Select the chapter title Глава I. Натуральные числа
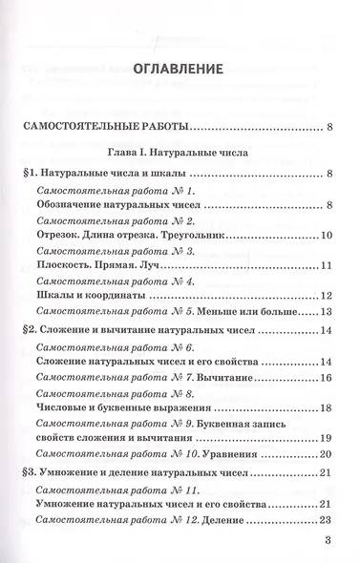click(180, 151)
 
